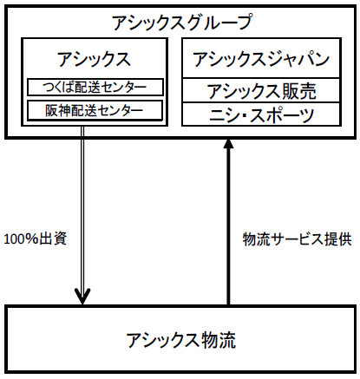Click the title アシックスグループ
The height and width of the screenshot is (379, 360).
pyautogui.click(x=182, y=23)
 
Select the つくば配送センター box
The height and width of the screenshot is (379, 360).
pyautogui.click(x=95, y=87)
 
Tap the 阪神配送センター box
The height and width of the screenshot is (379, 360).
pyautogui.click(x=95, y=110)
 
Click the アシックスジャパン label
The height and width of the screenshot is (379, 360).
pyautogui.click(x=261, y=59)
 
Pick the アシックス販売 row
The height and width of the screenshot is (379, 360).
pyautogui.click(x=261, y=90)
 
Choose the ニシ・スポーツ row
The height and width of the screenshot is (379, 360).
pyautogui.click(x=261, y=114)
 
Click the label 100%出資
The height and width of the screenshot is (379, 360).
pyautogui.click(x=36, y=239)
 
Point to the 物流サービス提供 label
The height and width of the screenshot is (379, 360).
pyautogui.click(x=298, y=239)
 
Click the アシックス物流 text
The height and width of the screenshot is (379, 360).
pyautogui.click(x=181, y=340)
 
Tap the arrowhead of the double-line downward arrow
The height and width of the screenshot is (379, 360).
pyautogui.click(x=82, y=296)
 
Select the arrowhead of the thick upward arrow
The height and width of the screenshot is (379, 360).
pyautogui.click(x=228, y=143)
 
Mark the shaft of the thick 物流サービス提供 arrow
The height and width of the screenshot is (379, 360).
pyautogui.click(x=228, y=226)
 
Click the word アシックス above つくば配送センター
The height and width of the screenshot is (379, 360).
pyautogui.click(x=95, y=59)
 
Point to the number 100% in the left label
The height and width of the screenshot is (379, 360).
pyautogui.click(x=21, y=239)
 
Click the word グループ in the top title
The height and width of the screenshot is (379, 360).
pyautogui.click(x=217, y=23)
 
